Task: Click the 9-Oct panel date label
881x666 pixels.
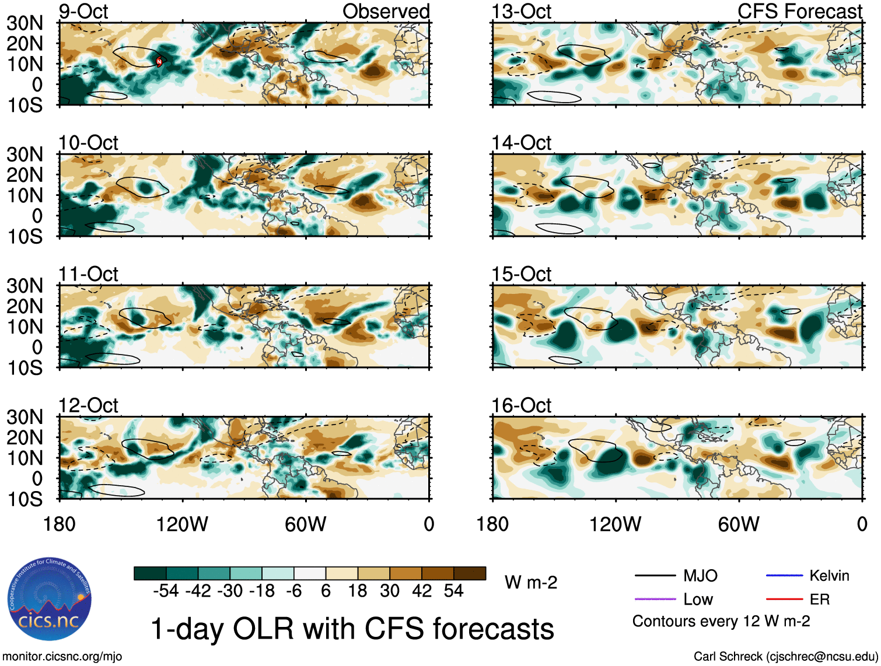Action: [x=83, y=11]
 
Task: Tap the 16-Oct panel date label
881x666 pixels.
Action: [x=521, y=405]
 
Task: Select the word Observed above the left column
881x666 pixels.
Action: [x=386, y=11]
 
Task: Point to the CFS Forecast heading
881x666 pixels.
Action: [x=799, y=11]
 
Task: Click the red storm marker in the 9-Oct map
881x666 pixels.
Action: [x=159, y=61]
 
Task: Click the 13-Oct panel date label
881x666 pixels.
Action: [x=521, y=11]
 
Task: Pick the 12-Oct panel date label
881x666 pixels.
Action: [x=88, y=405]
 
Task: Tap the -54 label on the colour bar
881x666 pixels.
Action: [x=166, y=591]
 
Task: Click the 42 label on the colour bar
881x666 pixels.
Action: [x=422, y=591]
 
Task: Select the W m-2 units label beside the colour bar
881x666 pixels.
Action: [x=531, y=582]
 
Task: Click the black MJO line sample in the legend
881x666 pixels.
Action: [x=655, y=576]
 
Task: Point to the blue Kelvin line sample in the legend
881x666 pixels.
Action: [x=784, y=576]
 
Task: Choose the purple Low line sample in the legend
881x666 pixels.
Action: [x=655, y=599]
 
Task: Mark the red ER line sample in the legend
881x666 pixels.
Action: [x=784, y=599]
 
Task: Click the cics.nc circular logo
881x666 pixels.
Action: [x=49, y=599]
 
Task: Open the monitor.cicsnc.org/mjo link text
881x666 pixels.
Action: [x=62, y=656]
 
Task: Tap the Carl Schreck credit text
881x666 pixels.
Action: [x=785, y=656]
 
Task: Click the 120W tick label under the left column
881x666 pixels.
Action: [x=182, y=524]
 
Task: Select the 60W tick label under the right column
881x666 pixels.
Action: [x=739, y=524]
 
